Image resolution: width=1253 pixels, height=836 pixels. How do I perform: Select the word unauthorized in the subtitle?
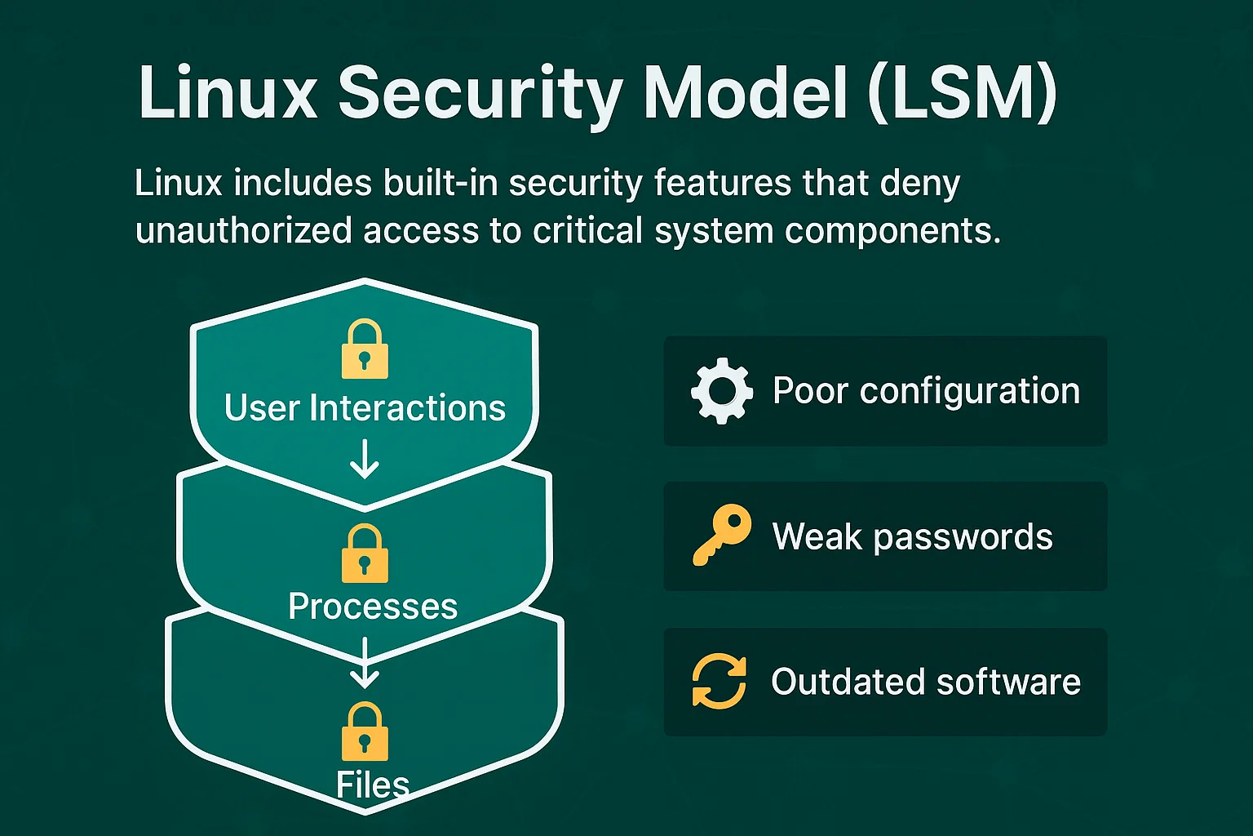click(243, 231)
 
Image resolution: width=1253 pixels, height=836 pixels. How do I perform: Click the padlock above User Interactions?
click(365, 349)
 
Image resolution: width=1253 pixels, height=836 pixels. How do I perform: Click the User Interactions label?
click(365, 408)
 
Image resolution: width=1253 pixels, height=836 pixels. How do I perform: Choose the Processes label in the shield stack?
click(373, 607)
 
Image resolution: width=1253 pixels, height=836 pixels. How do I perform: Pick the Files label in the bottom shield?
click(373, 785)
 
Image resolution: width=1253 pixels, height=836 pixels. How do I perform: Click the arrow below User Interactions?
click(365, 460)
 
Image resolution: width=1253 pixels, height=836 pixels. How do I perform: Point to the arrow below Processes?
click(365, 663)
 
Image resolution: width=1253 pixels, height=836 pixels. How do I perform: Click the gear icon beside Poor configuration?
click(721, 391)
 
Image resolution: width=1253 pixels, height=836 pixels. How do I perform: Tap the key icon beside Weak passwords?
click(721, 536)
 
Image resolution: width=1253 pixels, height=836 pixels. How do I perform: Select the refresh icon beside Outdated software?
click(719, 682)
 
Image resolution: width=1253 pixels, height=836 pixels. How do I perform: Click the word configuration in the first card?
click(970, 391)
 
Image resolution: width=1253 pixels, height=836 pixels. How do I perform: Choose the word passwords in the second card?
click(963, 537)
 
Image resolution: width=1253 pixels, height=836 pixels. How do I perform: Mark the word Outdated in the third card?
click(844, 682)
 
